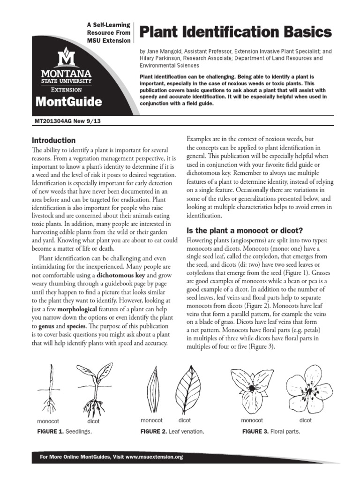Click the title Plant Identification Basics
pos(236,32)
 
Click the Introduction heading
pos(53,140)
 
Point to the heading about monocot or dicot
pos(245,230)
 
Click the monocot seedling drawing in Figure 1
pos(49,389)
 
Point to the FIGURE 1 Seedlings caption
pos(65,431)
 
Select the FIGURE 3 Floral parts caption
pos(270,431)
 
